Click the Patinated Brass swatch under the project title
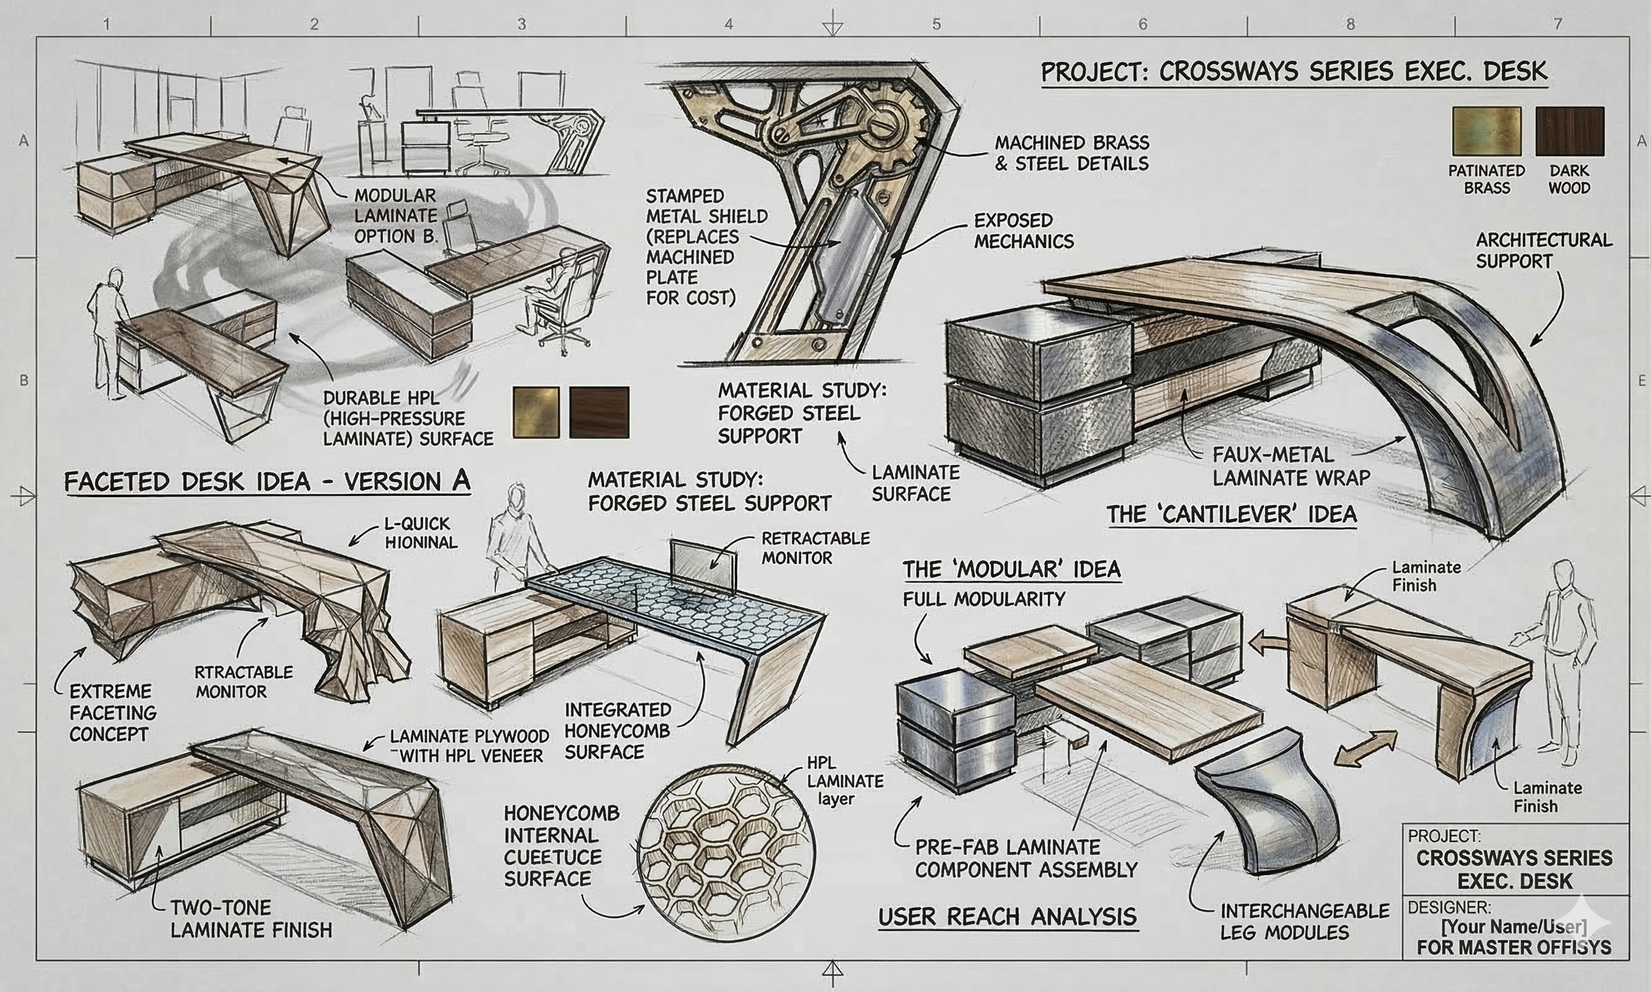coord(1487,131)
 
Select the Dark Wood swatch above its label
coord(1570,131)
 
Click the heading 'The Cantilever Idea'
coord(1231,514)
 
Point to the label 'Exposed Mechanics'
coord(1024,230)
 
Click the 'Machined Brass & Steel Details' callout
coord(1071,153)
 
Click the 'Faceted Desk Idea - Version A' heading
coord(267,481)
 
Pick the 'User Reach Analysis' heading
coord(1007,917)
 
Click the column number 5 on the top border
coord(936,24)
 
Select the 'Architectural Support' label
coord(1544,251)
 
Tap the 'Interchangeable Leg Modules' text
coord(1304,921)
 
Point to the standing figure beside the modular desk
coord(1564,658)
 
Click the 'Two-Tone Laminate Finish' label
coord(251,919)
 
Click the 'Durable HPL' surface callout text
coord(407,419)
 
